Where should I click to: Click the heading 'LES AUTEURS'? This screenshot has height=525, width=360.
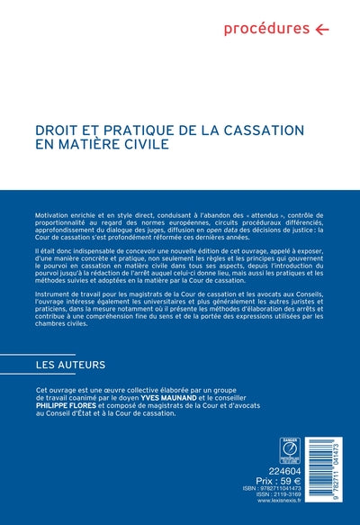coord(70,365)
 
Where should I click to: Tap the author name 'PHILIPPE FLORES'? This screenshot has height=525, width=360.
coord(68,404)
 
